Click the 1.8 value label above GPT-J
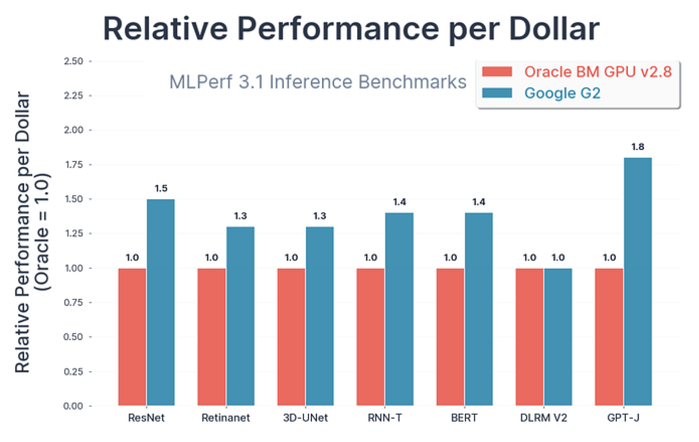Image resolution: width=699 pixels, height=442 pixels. click(638, 147)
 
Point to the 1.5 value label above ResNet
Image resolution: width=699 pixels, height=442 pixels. click(161, 189)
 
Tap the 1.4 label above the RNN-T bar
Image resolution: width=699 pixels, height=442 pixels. click(399, 202)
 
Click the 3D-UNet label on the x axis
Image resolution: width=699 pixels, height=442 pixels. click(305, 418)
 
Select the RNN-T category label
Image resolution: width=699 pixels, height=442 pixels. click(385, 418)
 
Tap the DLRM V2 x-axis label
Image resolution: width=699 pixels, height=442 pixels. click(543, 418)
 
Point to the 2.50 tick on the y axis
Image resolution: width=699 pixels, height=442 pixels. click(73, 61)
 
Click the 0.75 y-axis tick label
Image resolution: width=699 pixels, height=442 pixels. click(73, 302)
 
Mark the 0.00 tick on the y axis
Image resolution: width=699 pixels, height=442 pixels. click(73, 406)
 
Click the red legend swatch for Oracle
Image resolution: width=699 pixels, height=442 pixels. click(497, 72)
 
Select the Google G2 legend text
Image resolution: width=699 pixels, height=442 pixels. click(562, 93)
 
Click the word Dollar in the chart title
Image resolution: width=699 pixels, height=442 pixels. click(554, 29)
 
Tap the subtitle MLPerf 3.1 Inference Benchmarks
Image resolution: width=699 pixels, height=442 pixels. click(318, 82)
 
